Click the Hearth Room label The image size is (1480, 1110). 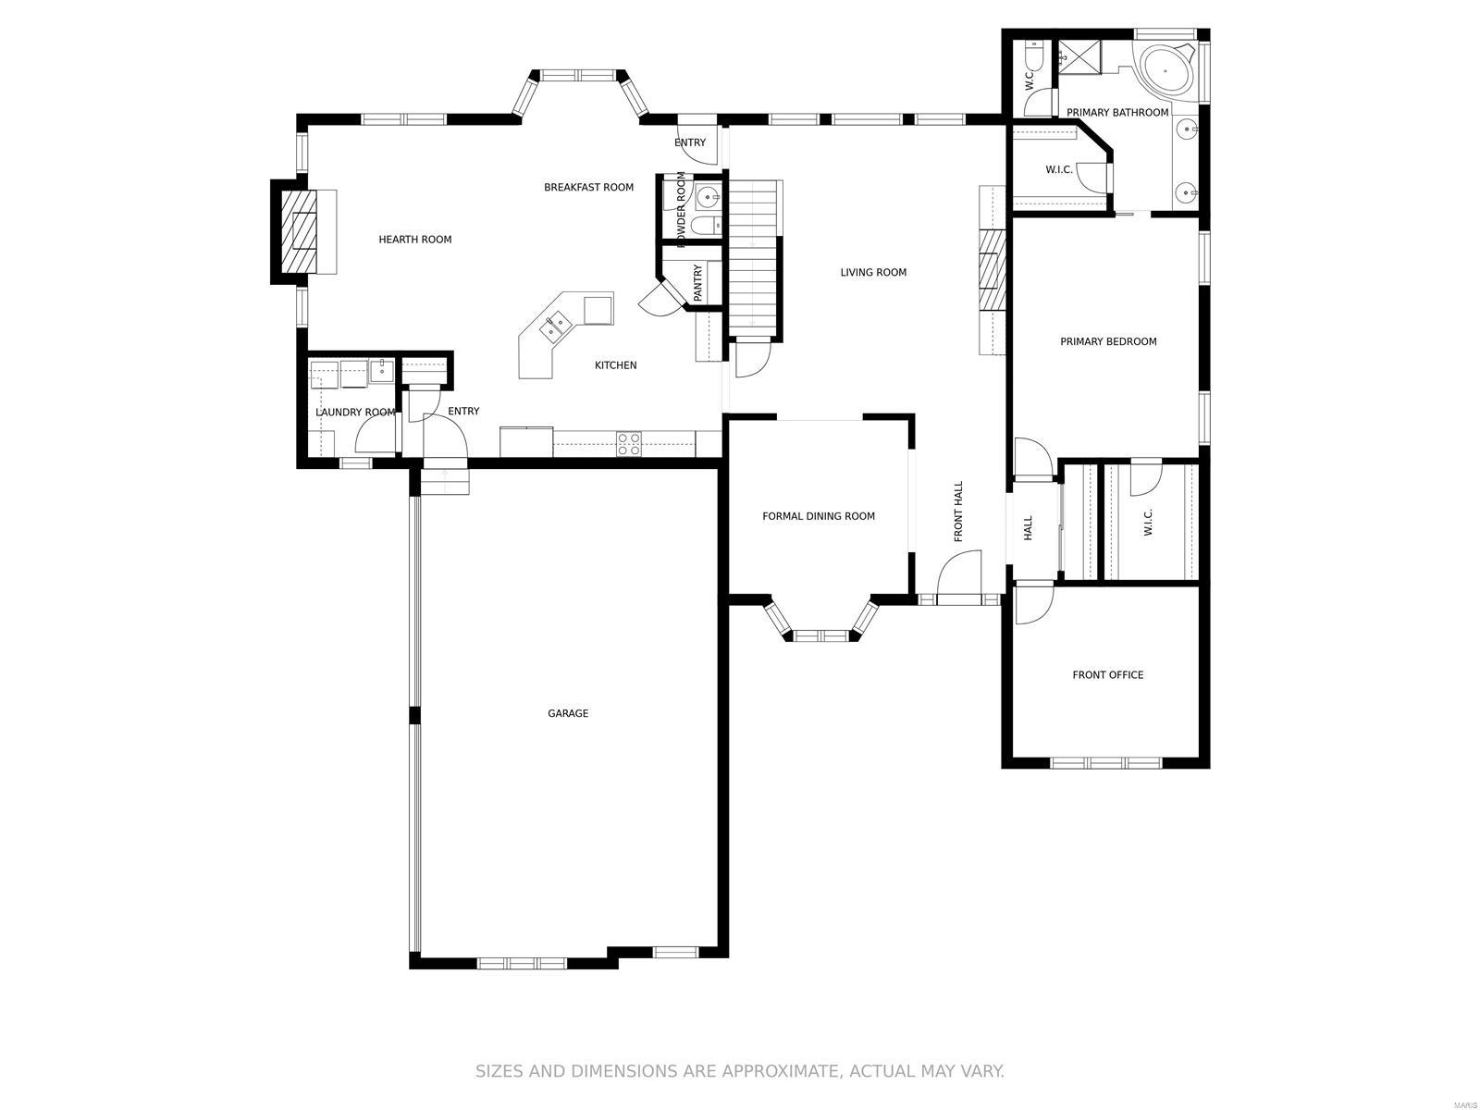point(415,240)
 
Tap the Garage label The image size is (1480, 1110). point(568,713)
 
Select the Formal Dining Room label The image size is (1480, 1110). point(818,516)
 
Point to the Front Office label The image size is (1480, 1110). point(1107,675)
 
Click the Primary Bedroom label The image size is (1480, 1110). point(1108,341)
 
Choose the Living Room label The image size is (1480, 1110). point(873,272)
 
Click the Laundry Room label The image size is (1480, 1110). point(355,413)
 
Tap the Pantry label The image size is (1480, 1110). point(697,283)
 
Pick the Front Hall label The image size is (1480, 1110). point(958,512)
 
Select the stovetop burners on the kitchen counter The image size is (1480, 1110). point(629,444)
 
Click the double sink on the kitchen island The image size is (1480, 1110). point(556,326)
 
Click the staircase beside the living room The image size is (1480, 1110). point(754,259)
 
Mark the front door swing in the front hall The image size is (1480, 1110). point(960,575)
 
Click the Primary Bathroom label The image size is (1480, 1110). point(1117,113)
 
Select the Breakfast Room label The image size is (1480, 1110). point(588,188)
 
